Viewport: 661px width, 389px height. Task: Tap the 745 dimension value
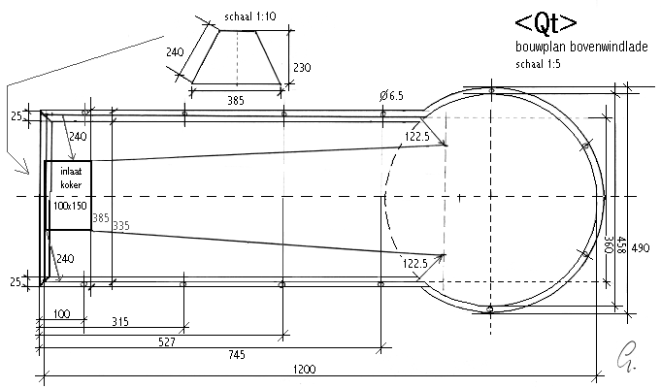coord(237,356)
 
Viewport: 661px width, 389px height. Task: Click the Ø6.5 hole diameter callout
coord(392,95)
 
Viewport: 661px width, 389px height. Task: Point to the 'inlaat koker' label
coord(68,178)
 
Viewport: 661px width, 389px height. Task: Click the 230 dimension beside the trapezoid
coord(302,67)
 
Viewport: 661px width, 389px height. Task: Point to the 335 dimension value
coord(120,225)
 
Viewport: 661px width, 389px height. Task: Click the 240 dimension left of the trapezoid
coord(175,51)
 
